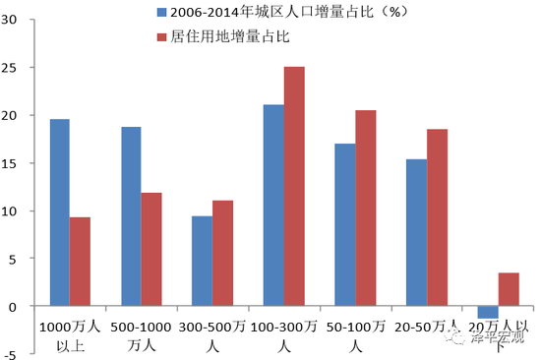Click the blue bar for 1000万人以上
[59, 212]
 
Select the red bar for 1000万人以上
[81, 262]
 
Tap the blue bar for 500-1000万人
[131, 216]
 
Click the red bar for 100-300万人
[294, 186]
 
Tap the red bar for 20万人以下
[508, 289]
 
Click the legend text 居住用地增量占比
[232, 37]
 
